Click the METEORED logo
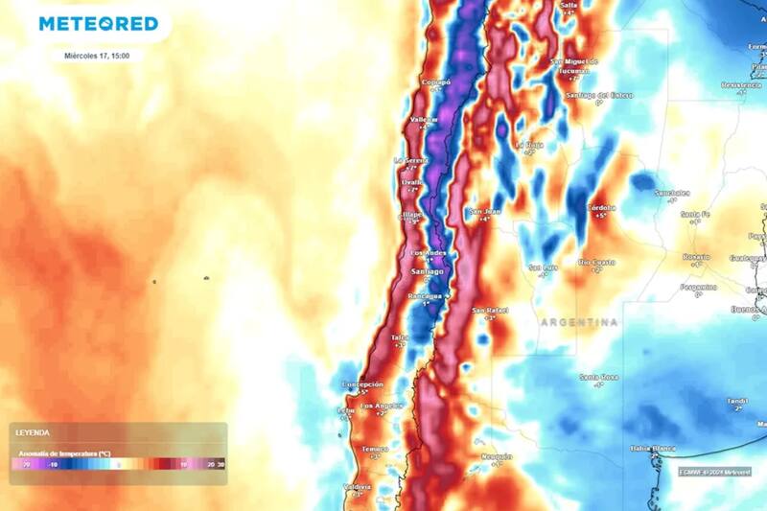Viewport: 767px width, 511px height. point(98,23)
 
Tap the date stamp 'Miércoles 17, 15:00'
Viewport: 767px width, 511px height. point(98,56)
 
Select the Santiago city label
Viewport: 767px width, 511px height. point(427,272)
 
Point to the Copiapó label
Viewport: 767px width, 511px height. point(436,83)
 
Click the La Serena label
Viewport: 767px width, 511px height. point(411,160)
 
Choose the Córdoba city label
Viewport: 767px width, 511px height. point(601,207)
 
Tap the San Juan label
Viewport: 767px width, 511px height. point(485,211)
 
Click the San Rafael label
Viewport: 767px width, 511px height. point(489,310)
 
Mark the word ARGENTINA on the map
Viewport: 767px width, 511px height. point(579,322)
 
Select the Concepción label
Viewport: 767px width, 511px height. point(362,384)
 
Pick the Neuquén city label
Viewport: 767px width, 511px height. point(497,456)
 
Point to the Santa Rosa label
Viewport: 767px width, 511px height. point(597,378)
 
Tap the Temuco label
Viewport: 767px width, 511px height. point(375,449)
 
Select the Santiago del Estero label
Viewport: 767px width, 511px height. point(601,95)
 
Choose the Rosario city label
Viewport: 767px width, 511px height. point(696,257)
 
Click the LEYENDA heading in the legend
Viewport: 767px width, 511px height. point(33,433)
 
